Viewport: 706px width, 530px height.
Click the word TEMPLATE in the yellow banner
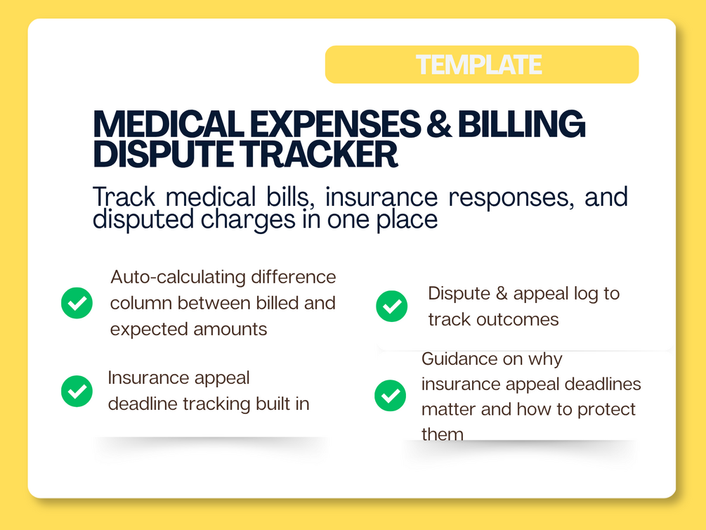click(478, 65)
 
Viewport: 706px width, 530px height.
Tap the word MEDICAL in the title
click(168, 124)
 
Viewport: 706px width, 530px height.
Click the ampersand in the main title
click(439, 124)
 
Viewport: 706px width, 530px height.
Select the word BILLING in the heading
click(521, 124)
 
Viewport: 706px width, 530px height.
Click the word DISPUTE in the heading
click(163, 154)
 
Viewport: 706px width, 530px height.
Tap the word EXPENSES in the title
click(335, 124)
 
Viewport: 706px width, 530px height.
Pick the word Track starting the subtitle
click(124, 197)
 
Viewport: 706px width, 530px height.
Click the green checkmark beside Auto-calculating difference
click(77, 303)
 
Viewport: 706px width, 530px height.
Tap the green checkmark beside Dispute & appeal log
click(392, 306)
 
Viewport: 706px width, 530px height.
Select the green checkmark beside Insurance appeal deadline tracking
click(77, 391)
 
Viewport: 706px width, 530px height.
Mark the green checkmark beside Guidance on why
click(390, 395)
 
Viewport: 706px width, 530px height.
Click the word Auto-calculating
click(178, 278)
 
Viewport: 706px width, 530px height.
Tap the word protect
click(606, 410)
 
